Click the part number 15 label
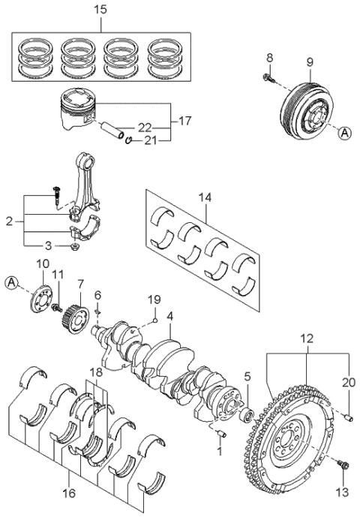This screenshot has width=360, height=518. pos(103,9)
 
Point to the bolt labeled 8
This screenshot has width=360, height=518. pos(269,77)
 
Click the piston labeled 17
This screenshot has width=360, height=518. pos(77,111)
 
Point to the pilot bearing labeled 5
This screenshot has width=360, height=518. pos(246,414)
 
